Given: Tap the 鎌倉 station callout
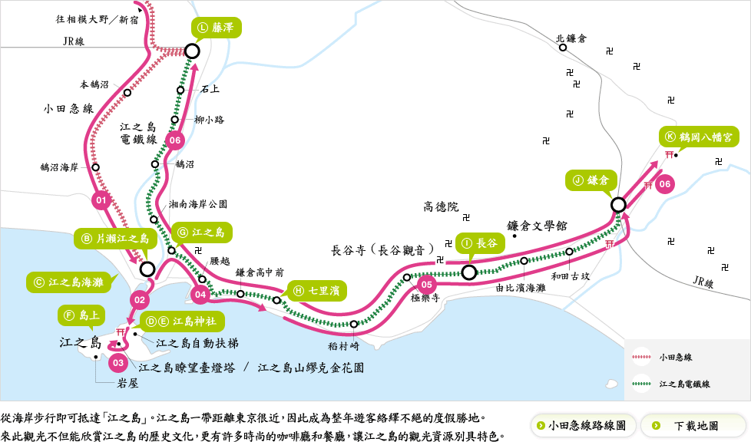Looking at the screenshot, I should (591, 180).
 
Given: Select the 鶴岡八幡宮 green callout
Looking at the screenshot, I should (698, 137).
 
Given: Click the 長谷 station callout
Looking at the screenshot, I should (481, 243).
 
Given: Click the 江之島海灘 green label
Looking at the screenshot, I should (68, 282).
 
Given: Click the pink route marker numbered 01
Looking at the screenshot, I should (101, 201).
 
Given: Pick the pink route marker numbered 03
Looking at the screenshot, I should (117, 361).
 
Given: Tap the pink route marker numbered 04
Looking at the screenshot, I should (200, 294).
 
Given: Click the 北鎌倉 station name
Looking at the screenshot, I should (571, 38).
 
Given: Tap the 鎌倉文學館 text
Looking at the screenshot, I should (537, 226).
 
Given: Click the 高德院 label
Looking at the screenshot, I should (441, 206).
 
